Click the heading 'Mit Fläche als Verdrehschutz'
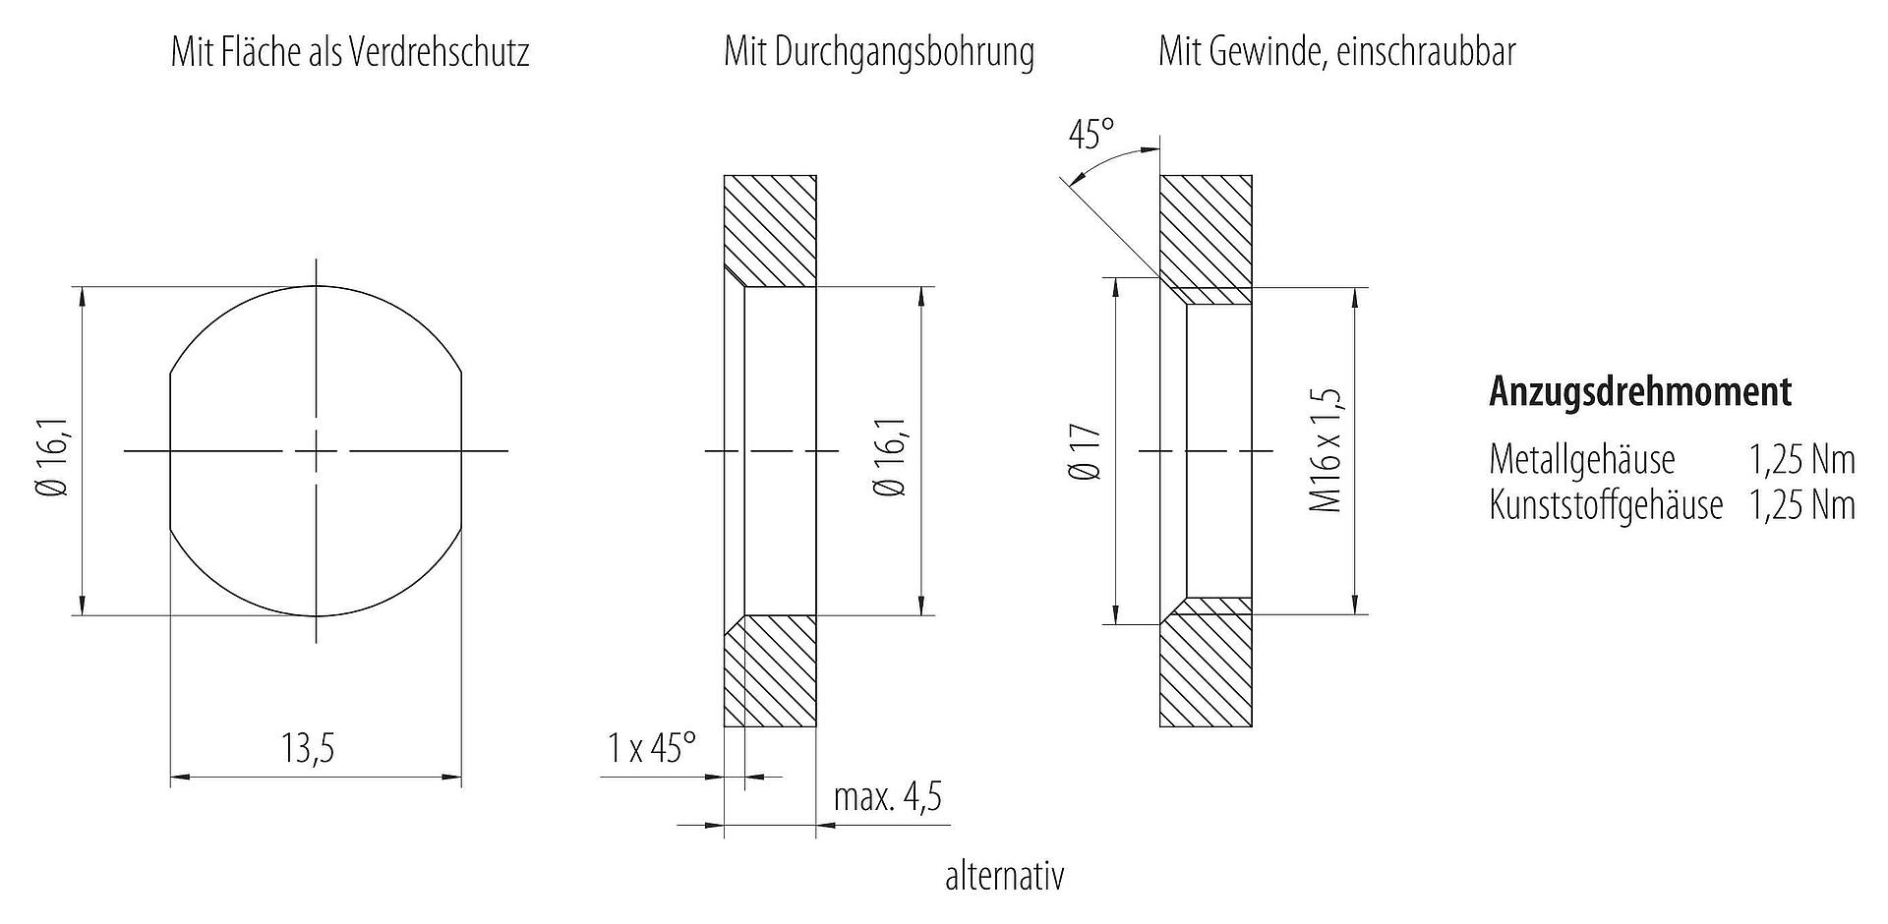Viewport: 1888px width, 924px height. pyautogui.click(x=350, y=51)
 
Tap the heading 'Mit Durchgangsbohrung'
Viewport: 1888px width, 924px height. pyautogui.click(x=879, y=51)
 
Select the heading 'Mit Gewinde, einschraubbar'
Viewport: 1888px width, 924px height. pyautogui.click(x=1337, y=51)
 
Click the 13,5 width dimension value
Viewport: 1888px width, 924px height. pyautogui.click(x=309, y=749)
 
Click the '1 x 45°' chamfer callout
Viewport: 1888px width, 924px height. pyautogui.click(x=651, y=749)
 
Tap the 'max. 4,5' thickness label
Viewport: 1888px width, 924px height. pyautogui.click(x=887, y=796)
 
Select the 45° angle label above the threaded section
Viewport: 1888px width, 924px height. pyautogui.click(x=1091, y=135)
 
